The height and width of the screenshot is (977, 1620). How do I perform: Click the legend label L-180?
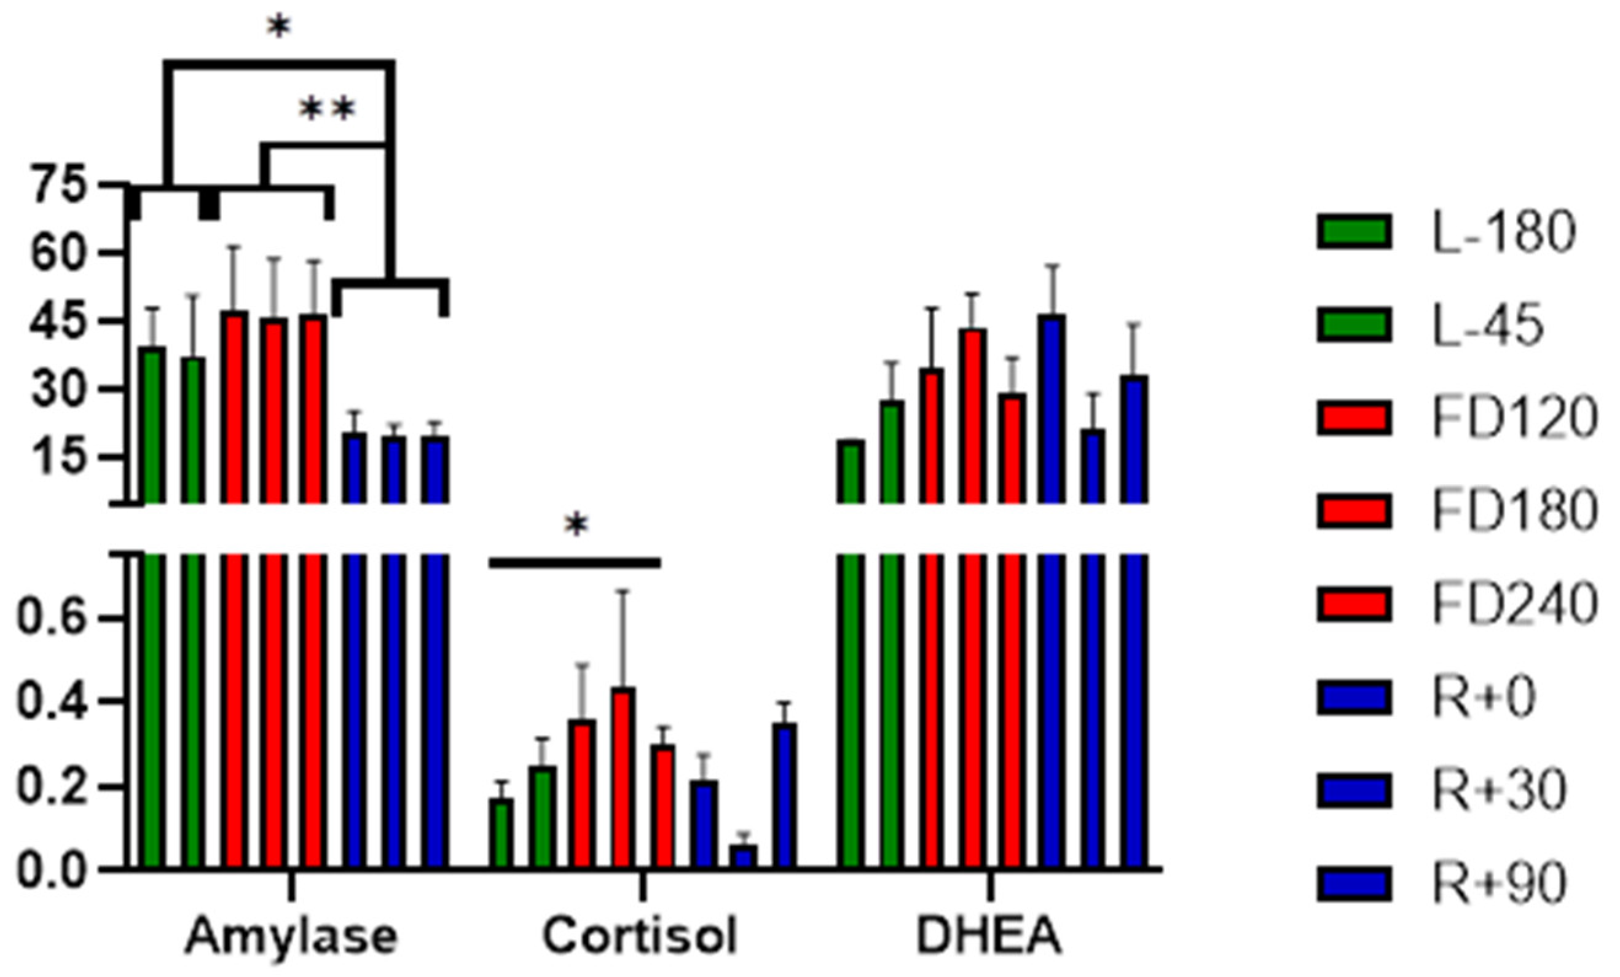pyautogui.click(x=1504, y=232)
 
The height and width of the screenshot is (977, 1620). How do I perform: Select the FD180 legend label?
pyautogui.click(x=1514, y=509)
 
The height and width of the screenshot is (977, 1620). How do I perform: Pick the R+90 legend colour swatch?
pyautogui.click(x=1354, y=882)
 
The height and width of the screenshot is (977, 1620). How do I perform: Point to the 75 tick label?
pyautogui.click(x=60, y=186)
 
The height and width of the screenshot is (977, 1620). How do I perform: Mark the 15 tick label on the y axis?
pyautogui.click(x=60, y=457)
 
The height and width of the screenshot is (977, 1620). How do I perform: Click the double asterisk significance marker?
pyautogui.click(x=328, y=110)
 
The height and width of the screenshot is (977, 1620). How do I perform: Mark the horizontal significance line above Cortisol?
pyautogui.click(x=574, y=563)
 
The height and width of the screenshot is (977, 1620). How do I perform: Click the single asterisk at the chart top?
pyautogui.click(x=279, y=28)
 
